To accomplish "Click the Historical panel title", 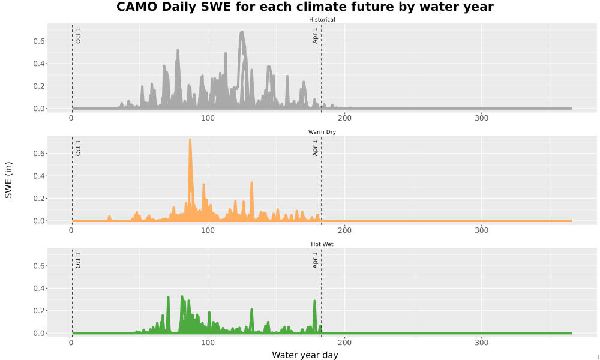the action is coord(322,20).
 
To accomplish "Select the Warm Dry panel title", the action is coord(322,132).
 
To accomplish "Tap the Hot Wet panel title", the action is coord(322,244).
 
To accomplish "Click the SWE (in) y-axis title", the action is coord(8,180).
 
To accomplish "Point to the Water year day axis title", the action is coord(305,355).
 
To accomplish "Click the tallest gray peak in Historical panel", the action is coord(241,32).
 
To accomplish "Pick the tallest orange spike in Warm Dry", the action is coord(190,140).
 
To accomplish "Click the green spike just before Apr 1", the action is coord(314,301).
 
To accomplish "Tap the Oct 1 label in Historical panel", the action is coord(78,35).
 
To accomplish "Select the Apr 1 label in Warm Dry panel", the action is coord(315,148).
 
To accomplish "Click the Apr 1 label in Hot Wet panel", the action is coord(315,260).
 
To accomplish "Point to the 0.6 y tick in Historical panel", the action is coord(38,41).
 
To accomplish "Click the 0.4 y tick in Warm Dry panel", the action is coord(38,176).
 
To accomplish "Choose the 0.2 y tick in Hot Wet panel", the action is coord(38,311).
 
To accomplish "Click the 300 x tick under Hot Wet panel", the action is coord(481,343).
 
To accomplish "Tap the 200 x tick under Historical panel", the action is coord(345,118).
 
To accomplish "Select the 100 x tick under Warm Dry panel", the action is coord(208,230).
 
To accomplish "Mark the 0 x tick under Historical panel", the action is coord(71,118).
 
